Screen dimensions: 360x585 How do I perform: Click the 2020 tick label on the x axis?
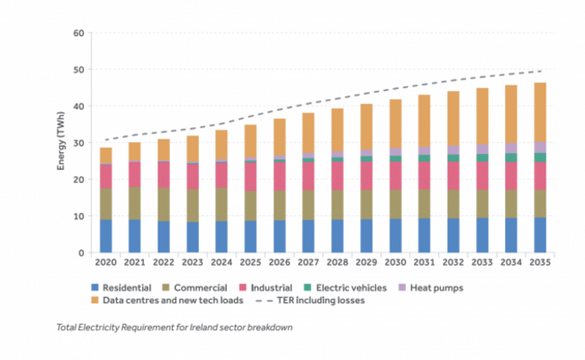[105, 262]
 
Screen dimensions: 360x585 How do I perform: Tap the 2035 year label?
[539, 262]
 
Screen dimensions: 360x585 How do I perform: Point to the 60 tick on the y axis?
[78, 33]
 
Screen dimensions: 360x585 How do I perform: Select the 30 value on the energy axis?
[78, 143]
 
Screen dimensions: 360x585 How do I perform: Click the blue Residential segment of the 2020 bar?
[105, 236]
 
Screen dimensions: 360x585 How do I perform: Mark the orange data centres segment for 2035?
[539, 112]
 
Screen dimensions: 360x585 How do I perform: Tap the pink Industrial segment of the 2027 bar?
[308, 175]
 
